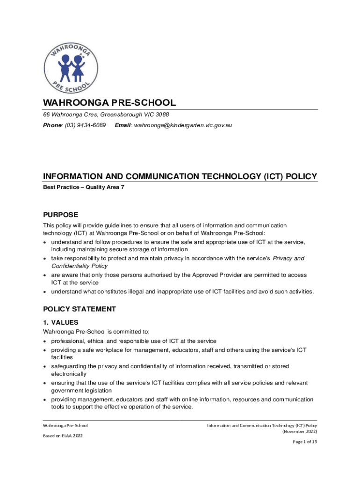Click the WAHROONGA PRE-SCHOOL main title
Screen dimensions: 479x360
pyautogui.click(x=109, y=103)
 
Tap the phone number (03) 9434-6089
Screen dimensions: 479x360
pyautogui.click(x=86, y=125)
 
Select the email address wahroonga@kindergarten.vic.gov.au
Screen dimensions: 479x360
pyautogui.click(x=183, y=125)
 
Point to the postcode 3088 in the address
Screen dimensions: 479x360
pyautogui.click(x=162, y=115)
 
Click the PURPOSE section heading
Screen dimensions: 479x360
pyautogui.click(x=61, y=215)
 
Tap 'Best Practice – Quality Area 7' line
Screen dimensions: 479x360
pyautogui.click(x=84, y=187)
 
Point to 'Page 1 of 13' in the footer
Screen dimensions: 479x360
pyautogui.click(x=305, y=442)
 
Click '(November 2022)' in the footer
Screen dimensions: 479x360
pyautogui.click(x=300, y=432)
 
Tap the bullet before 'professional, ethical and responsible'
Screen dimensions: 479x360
pyautogui.click(x=45, y=341)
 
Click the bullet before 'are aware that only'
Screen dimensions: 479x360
pyautogui.click(x=45, y=275)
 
